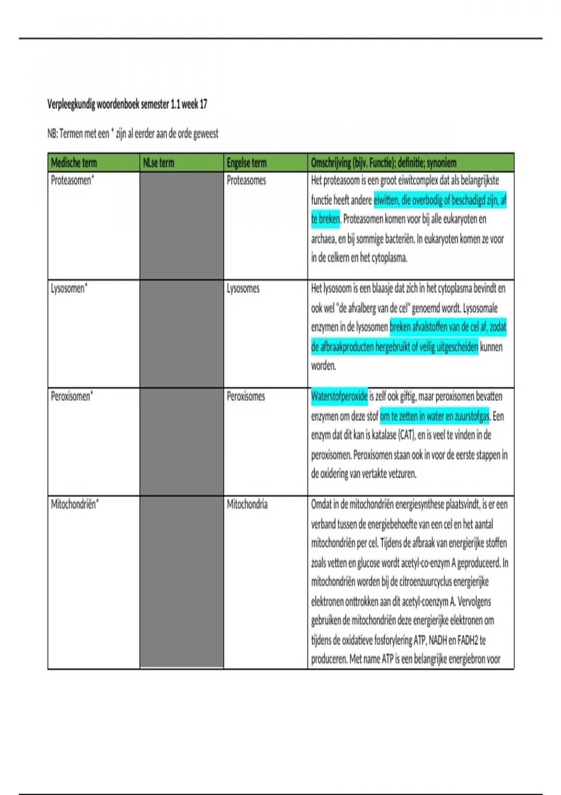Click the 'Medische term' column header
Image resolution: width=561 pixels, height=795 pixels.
point(74,163)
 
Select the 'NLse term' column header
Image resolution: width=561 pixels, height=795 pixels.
point(158,163)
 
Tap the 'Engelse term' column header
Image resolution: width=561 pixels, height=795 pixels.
point(246,163)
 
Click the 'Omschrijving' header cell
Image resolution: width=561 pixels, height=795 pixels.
point(383,163)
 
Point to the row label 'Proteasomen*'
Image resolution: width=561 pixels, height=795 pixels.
point(72,181)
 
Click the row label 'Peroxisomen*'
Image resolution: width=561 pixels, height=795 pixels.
point(72,397)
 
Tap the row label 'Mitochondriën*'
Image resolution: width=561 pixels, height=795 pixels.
point(75,505)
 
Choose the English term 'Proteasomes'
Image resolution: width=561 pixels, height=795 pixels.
point(246,181)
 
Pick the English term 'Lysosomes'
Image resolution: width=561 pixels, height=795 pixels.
point(243,289)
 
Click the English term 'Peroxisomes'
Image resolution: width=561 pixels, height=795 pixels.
point(246,397)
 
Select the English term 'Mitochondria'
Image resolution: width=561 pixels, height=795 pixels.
point(247,505)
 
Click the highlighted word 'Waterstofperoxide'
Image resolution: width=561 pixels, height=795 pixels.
point(339,397)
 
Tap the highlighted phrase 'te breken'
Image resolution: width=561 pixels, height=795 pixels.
point(325,219)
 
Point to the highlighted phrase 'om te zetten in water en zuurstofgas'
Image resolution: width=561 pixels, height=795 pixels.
point(434,416)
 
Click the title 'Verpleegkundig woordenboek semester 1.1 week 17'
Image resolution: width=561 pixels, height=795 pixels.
point(127,104)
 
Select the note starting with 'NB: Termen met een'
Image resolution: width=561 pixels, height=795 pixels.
point(133,134)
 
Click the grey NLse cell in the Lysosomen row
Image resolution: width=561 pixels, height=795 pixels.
point(181,334)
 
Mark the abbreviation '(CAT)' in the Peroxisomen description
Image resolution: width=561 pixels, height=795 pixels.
point(406,435)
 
